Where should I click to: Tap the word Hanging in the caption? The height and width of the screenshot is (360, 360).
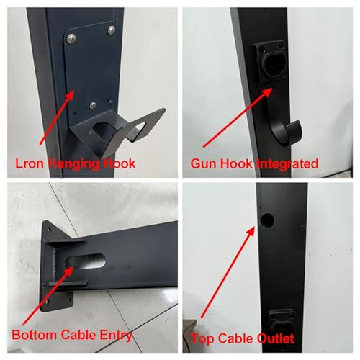(73, 164)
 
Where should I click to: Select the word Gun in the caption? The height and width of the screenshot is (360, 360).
(204, 163)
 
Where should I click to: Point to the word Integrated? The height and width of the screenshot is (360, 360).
(287, 164)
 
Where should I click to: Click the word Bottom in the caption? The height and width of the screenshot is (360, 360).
(35, 335)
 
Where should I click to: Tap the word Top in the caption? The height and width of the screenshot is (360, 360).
(202, 339)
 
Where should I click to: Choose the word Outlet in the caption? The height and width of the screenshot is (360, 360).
(276, 338)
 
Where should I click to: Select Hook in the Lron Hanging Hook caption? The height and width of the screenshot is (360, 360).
(120, 163)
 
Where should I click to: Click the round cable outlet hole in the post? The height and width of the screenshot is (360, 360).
(267, 220)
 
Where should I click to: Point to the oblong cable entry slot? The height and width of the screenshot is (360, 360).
(86, 262)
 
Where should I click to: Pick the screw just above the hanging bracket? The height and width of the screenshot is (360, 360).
(93, 105)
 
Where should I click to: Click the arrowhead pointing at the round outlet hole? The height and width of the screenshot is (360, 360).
(251, 233)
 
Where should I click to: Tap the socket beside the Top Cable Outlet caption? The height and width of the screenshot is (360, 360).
(281, 322)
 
